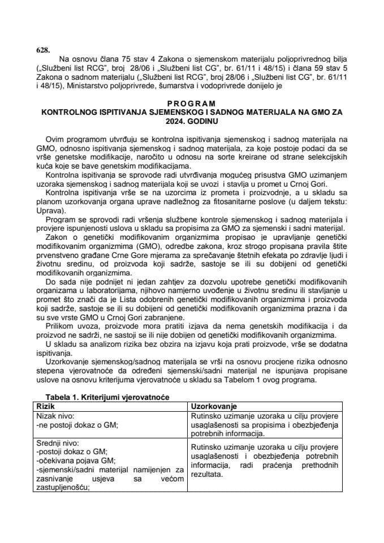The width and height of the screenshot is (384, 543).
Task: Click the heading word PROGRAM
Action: pyautogui.click(x=192, y=104)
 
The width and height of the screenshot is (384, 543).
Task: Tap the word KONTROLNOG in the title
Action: pyautogui.click(x=67, y=113)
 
